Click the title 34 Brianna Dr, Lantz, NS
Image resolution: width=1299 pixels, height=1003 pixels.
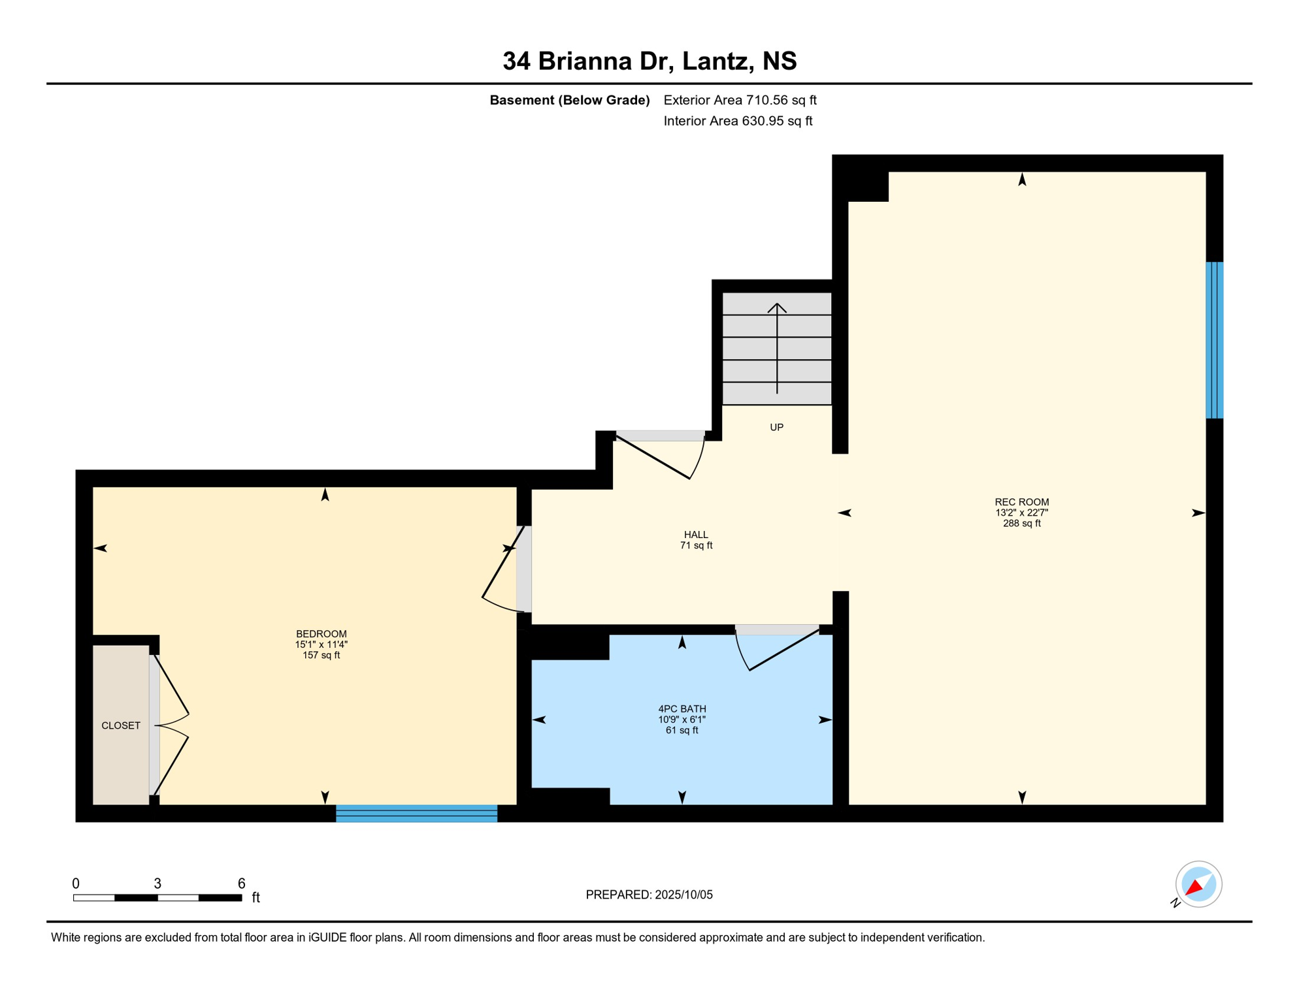(x=649, y=61)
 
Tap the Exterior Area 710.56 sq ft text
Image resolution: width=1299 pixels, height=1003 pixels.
(x=740, y=100)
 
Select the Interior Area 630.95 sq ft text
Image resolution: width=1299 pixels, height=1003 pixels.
(x=738, y=121)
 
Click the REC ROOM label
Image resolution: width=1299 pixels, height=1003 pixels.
(x=1021, y=502)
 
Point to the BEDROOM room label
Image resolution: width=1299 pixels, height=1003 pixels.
(x=321, y=634)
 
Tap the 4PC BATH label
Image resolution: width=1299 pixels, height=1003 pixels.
(x=682, y=709)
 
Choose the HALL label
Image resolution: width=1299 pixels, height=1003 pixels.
(x=696, y=535)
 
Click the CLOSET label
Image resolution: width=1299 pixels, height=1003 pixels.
(x=121, y=725)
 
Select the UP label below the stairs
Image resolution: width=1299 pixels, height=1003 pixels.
(x=776, y=428)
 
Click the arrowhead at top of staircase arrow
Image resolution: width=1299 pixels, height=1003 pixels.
(x=777, y=308)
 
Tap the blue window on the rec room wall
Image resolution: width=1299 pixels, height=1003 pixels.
(x=1214, y=340)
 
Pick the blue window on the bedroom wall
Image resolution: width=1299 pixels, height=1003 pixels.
(x=416, y=814)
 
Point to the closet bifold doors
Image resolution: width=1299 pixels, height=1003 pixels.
(x=172, y=725)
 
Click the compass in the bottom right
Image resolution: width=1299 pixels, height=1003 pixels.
(x=1198, y=884)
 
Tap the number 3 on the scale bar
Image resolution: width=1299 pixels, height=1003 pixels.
(x=157, y=884)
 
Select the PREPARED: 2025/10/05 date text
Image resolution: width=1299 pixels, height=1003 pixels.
(x=649, y=895)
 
